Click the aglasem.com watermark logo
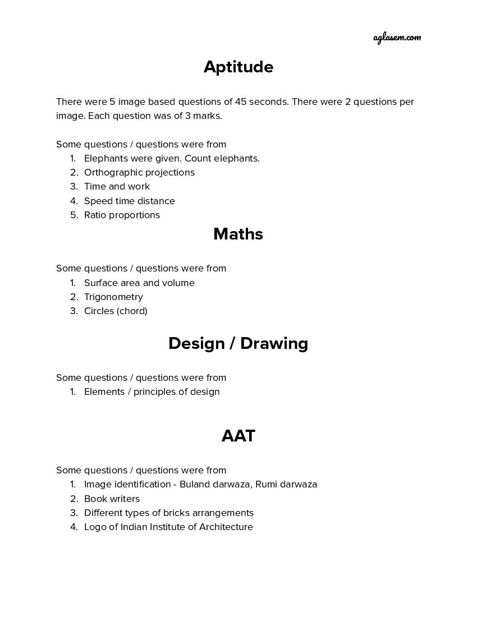click(x=397, y=38)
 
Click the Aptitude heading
click(x=238, y=67)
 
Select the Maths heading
click(x=238, y=234)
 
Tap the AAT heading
click(x=238, y=436)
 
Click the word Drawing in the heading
click(x=274, y=343)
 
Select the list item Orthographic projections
click(x=139, y=172)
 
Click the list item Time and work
click(x=117, y=186)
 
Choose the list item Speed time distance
click(x=129, y=201)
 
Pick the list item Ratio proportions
click(x=122, y=215)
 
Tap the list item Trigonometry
click(x=113, y=297)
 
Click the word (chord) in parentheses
click(x=133, y=311)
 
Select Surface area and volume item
click(x=139, y=283)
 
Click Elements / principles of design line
click(x=152, y=392)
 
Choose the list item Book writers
click(x=112, y=499)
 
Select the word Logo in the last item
click(x=94, y=527)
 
